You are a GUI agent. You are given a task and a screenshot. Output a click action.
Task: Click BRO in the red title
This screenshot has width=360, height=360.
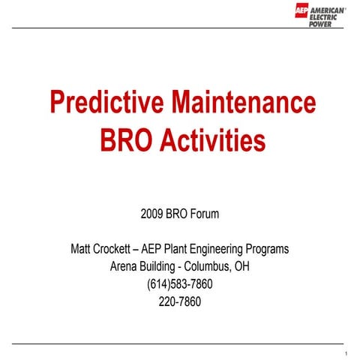pos(124,140)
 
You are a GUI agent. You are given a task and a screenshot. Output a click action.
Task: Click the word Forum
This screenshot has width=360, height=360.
pos(204,214)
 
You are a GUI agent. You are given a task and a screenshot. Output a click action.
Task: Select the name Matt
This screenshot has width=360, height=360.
pos(81,248)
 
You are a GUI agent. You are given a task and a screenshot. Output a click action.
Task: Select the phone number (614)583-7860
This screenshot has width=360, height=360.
pos(180,284)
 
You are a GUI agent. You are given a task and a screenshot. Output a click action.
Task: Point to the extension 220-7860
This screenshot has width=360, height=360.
pos(180,302)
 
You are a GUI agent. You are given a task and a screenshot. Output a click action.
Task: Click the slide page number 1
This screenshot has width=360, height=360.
pos(346,353)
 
